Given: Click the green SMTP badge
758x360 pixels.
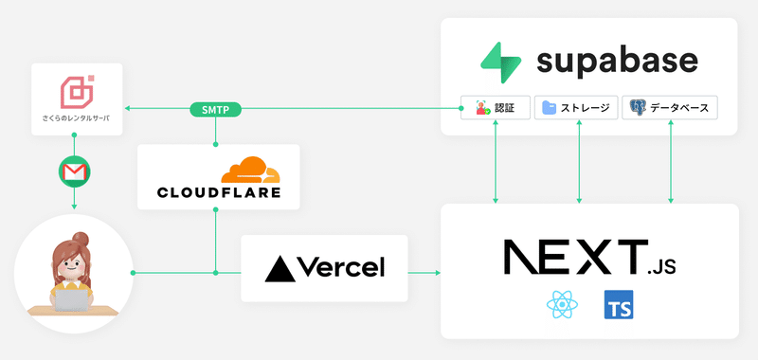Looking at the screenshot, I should (x=216, y=110).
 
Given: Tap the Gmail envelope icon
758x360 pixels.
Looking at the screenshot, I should (x=75, y=171).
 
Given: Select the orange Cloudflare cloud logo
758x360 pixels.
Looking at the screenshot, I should (x=251, y=170).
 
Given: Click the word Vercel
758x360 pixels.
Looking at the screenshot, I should (x=341, y=268).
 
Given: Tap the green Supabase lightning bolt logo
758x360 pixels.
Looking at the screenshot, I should (x=502, y=63).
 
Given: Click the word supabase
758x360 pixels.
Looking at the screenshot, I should (x=617, y=62).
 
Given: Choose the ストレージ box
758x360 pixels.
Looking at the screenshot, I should (x=577, y=108).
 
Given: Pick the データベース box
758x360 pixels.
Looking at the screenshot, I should (x=670, y=108).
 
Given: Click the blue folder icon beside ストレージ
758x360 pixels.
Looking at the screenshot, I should (x=550, y=108).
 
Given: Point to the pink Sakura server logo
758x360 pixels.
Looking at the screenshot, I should (x=76, y=92).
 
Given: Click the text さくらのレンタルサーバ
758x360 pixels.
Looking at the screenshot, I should (x=76, y=118).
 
